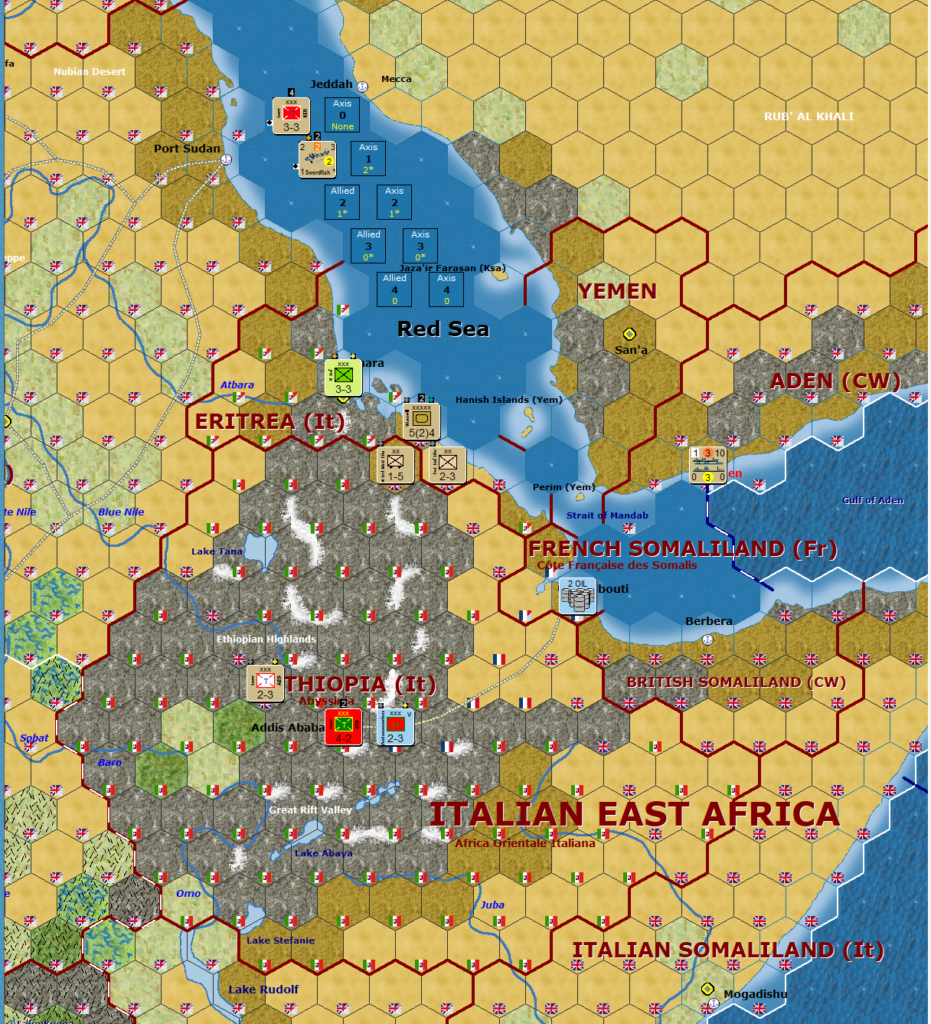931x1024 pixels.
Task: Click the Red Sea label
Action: [443, 329]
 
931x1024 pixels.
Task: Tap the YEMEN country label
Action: [617, 292]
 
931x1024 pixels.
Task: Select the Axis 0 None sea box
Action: [342, 115]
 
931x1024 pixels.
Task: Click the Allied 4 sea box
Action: [394, 290]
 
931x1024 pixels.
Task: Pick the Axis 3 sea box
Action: [420, 246]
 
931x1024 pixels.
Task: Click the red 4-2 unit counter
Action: [343, 726]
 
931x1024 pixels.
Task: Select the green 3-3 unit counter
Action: [343, 378]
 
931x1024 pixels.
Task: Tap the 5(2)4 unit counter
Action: [421, 420]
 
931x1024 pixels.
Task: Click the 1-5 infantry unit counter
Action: [395, 465]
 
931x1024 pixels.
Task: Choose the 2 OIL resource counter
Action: [577, 596]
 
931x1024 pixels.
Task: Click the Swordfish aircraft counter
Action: [317, 159]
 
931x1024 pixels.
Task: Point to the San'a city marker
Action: [629, 334]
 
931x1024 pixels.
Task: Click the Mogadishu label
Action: [755, 994]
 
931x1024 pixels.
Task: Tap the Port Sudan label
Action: [187, 149]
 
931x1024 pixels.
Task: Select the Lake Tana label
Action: [217, 551]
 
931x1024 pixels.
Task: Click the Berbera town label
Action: [708, 621]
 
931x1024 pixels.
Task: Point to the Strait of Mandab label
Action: [607, 515]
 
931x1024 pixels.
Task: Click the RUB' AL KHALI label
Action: [808, 116]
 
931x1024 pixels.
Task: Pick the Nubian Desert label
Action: [90, 71]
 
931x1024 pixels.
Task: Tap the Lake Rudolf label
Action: [263, 990]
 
